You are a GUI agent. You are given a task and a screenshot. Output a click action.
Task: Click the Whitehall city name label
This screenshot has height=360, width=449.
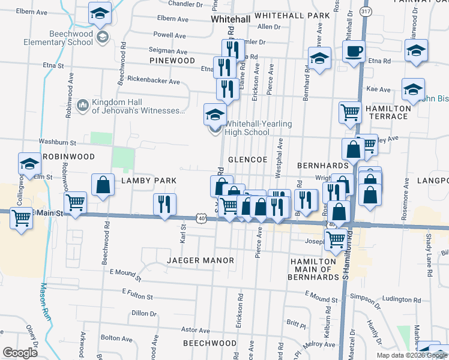tap(230, 20)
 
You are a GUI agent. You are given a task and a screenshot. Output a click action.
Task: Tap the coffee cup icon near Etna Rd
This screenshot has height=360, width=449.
tap(354, 51)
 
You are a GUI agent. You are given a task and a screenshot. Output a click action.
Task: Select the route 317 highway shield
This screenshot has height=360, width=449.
tap(365, 11)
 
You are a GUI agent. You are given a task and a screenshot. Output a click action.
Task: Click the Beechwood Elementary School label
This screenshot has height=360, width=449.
tap(58, 38)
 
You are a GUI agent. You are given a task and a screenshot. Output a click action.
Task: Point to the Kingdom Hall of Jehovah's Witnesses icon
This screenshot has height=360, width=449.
tap(82, 106)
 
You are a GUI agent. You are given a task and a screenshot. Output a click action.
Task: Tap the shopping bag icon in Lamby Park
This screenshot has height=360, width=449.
tap(103, 185)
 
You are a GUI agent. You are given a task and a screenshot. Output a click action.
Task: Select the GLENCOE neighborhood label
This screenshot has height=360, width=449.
tap(247, 160)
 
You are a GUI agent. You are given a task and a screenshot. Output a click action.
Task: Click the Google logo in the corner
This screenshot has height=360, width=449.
tap(20, 353)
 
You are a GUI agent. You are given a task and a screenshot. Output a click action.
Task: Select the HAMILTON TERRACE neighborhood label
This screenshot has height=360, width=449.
tap(384, 112)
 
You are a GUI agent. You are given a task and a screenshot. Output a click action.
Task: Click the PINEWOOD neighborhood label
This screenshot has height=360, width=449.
tap(173, 61)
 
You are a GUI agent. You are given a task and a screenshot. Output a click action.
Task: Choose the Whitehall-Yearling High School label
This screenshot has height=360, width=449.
tap(258, 128)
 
